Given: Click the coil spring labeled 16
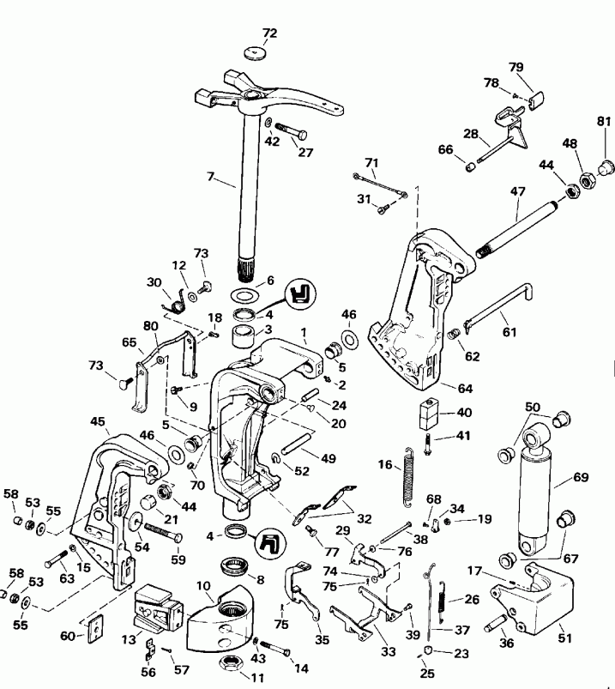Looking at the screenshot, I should click(410, 476).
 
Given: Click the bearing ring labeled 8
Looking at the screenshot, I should click(232, 565).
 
